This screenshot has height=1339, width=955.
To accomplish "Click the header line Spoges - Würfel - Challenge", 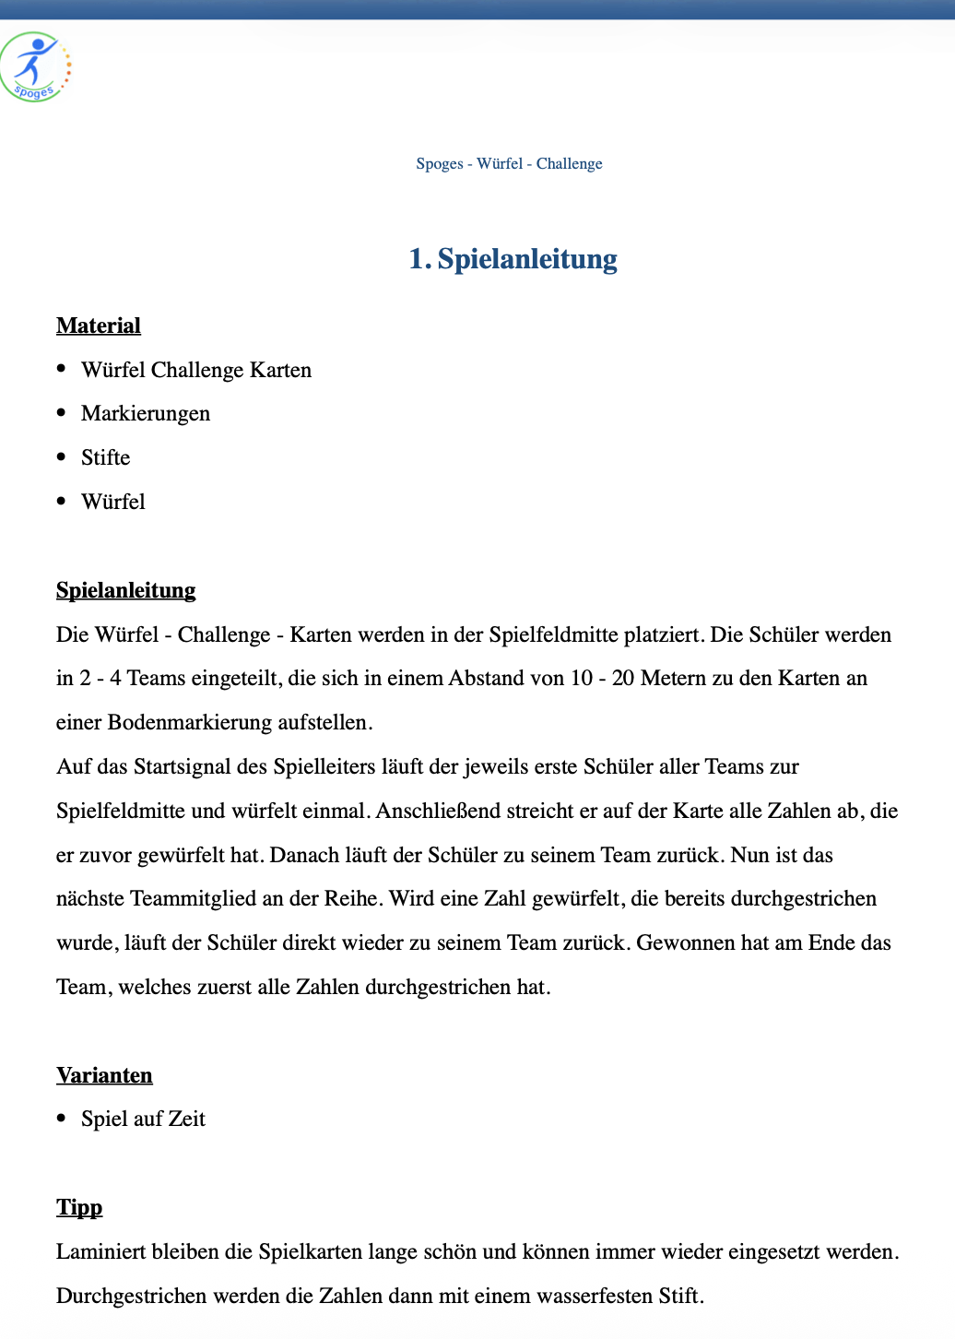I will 509,164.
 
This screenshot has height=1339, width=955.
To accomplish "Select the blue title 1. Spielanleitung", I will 513,259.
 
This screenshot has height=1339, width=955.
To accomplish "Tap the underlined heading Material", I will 99,326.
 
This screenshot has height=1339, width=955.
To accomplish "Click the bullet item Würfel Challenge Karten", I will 196,370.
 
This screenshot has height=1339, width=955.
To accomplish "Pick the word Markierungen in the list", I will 146,413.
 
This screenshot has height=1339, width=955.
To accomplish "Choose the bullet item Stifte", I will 106,457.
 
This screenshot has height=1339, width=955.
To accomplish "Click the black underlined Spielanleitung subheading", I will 126,590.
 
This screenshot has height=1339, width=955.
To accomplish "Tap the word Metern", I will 676,679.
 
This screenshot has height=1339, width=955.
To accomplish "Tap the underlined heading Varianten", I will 104,1075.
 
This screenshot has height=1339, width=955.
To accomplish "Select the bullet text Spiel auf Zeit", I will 143,1119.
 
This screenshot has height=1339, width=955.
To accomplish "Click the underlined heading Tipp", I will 79,1207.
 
